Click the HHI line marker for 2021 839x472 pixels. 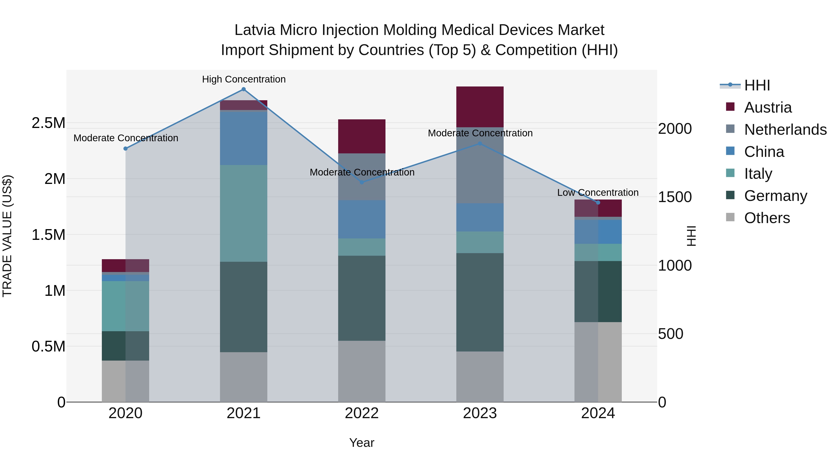pyautogui.click(x=243, y=89)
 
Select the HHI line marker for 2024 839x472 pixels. pyautogui.click(x=598, y=203)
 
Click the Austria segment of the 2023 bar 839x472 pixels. pyautogui.click(x=480, y=107)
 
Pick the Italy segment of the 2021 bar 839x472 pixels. pyautogui.click(x=243, y=213)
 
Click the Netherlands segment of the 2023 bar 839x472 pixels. pyautogui.click(x=480, y=165)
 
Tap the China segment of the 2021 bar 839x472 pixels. pyautogui.click(x=243, y=138)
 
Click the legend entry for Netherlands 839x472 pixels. pyautogui.click(x=785, y=130)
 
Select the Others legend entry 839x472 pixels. pyautogui.click(x=767, y=218)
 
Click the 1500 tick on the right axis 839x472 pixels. pyautogui.click(x=675, y=197)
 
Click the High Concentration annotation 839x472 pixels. pyautogui.click(x=244, y=79)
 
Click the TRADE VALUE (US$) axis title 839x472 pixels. pyautogui.click(x=7, y=236)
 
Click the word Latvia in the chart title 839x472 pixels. pyautogui.click(x=255, y=30)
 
